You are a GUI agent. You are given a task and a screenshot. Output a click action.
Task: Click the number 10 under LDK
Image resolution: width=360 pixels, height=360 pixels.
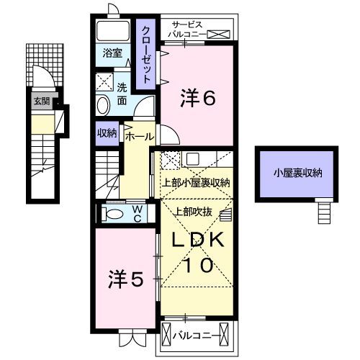196,265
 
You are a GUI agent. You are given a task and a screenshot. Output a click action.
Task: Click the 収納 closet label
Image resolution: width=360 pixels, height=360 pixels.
107,132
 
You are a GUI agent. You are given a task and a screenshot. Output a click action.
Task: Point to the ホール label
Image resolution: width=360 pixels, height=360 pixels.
138,135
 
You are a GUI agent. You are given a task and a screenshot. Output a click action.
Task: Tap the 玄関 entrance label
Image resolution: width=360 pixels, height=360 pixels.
40,102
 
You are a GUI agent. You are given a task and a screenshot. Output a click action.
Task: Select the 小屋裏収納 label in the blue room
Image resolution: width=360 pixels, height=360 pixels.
297,173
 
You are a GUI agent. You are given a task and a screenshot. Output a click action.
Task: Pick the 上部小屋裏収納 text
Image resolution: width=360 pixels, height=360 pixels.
194,183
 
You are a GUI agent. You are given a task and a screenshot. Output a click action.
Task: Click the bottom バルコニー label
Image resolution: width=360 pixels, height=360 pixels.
199,334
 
